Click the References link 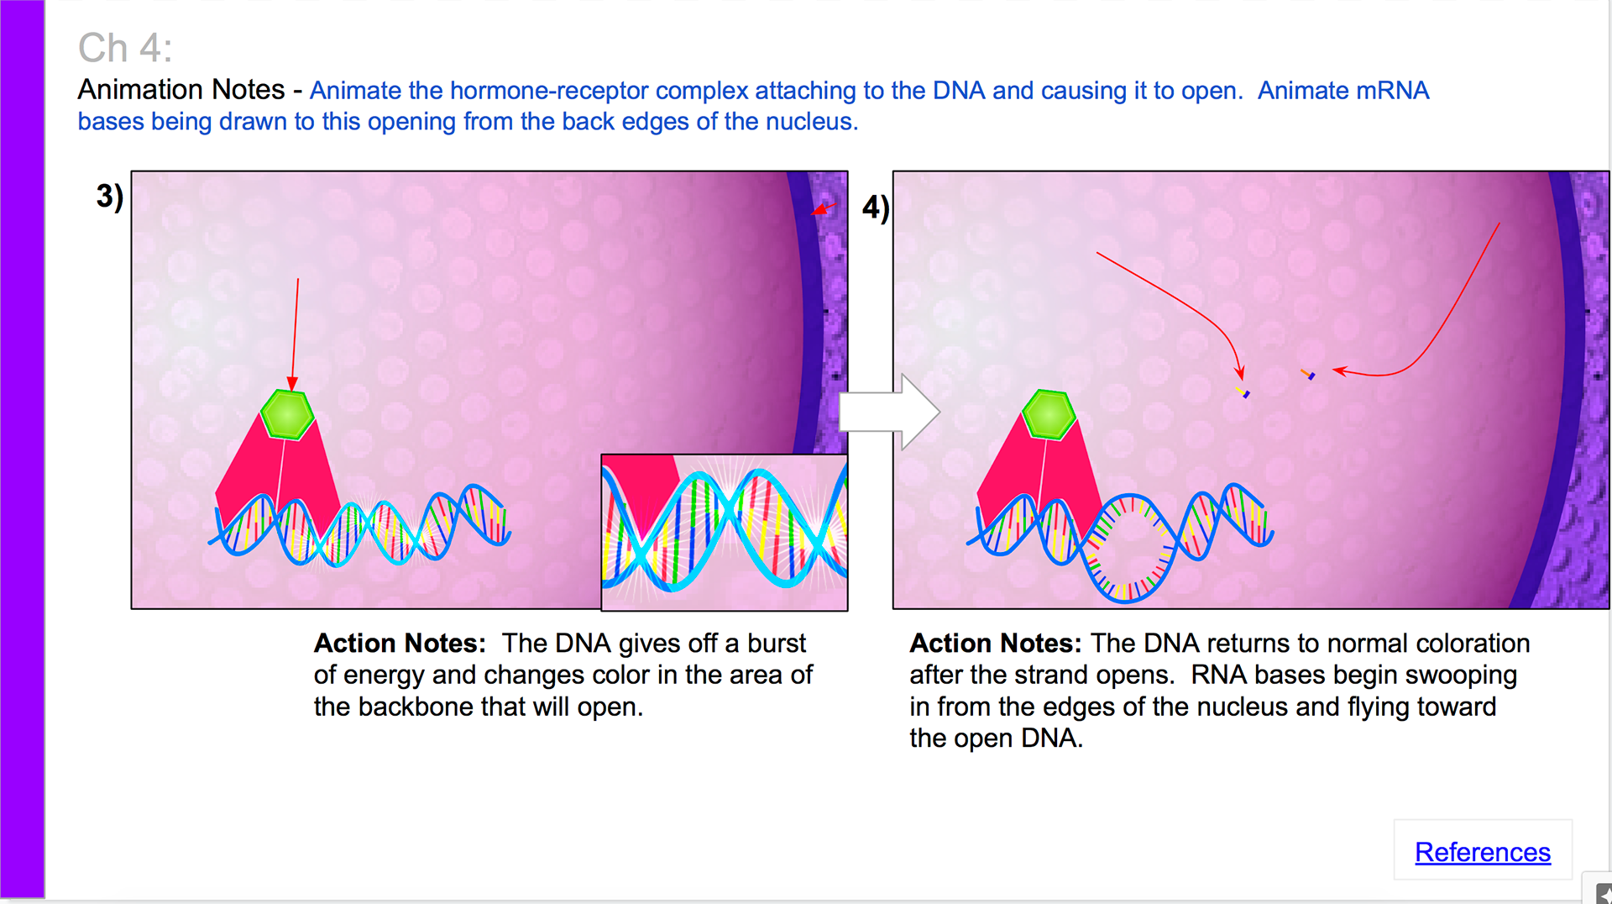click(1482, 852)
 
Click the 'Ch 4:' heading click(125, 48)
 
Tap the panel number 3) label click(110, 196)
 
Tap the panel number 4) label click(876, 208)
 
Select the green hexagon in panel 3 click(287, 415)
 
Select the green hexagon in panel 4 click(1049, 415)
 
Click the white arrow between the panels click(889, 412)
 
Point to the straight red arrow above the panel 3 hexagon click(295, 334)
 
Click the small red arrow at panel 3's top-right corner click(824, 208)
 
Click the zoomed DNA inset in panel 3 click(725, 533)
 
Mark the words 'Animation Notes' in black click(181, 89)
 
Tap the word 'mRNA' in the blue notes click(1392, 91)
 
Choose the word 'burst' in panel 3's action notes click(777, 643)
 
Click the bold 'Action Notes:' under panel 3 click(400, 643)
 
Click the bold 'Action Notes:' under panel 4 click(996, 643)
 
